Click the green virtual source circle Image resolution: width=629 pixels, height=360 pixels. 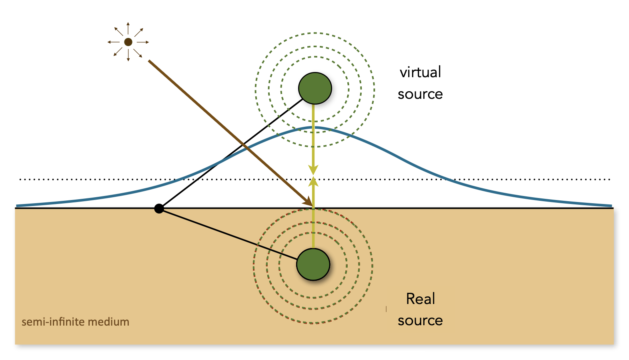315,88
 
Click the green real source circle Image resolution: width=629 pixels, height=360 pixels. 313,264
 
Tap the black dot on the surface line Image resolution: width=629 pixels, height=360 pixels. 159,208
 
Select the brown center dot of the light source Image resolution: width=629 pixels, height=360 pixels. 128,42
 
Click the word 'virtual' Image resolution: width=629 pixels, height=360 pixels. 420,72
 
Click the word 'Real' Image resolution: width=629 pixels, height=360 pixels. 420,299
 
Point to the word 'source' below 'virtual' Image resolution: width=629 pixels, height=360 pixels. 420,94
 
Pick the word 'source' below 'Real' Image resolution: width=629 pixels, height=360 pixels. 420,321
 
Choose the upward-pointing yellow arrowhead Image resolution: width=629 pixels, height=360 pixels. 313,182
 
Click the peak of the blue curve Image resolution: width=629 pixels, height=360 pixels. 314,128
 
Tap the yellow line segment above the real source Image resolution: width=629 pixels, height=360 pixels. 313,228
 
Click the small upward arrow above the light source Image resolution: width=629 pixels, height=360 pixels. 128,28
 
